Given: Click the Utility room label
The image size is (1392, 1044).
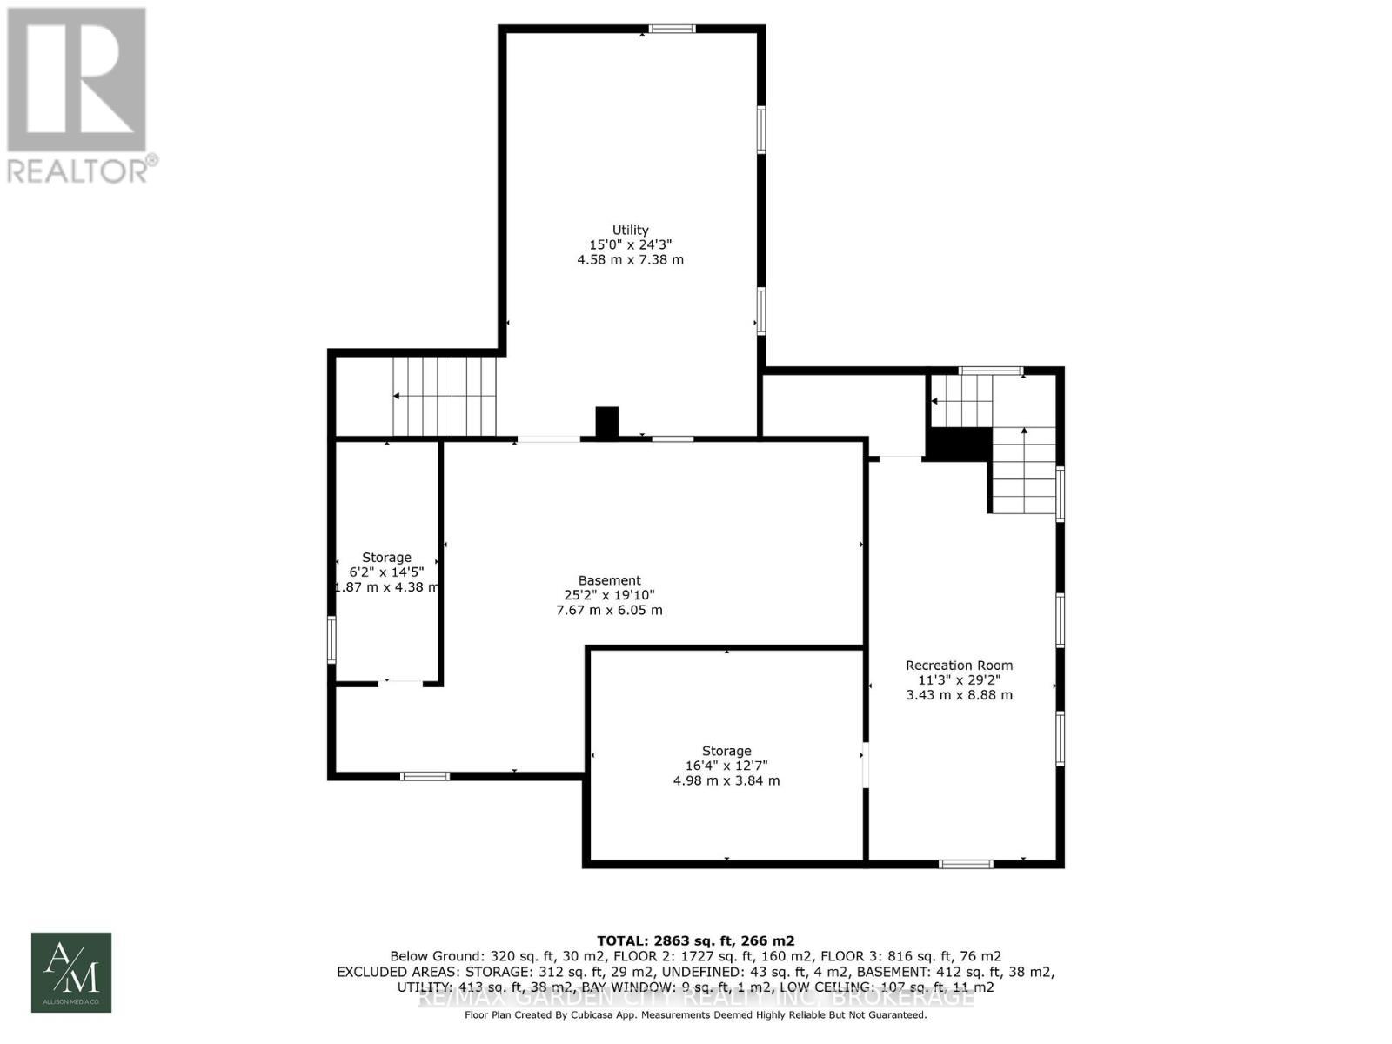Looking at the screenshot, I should point(630,230).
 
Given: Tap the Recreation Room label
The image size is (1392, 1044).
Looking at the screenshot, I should point(959,665).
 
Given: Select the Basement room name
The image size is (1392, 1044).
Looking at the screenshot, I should point(609,580).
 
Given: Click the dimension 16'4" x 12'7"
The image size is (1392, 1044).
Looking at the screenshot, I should point(726,766).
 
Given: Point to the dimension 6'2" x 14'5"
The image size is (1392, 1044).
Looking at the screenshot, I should point(386,572).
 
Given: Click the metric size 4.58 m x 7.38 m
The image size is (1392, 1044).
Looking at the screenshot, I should point(630,259).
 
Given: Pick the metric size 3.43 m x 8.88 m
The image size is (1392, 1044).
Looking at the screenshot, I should point(959,695).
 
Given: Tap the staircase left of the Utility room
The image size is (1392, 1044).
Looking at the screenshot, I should point(444,396).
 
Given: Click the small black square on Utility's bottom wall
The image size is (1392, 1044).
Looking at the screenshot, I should point(606,422).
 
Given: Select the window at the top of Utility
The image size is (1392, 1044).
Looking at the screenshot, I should point(673,30).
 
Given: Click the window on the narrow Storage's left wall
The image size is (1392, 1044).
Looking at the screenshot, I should point(331,639).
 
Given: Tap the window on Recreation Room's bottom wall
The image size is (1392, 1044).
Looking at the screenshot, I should point(966,864).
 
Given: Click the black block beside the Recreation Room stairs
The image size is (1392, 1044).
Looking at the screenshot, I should point(958,444).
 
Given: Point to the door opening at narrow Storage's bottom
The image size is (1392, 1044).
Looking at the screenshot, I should point(401,684).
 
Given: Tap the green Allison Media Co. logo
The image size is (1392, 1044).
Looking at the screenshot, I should point(71,972).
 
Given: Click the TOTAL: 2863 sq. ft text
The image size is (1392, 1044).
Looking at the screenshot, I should point(695,940).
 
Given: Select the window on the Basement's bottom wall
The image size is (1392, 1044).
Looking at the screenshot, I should point(425,775).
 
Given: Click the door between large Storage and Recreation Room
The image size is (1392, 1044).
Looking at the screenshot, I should point(865,765).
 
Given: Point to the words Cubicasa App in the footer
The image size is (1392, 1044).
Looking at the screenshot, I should point(614,1014).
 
